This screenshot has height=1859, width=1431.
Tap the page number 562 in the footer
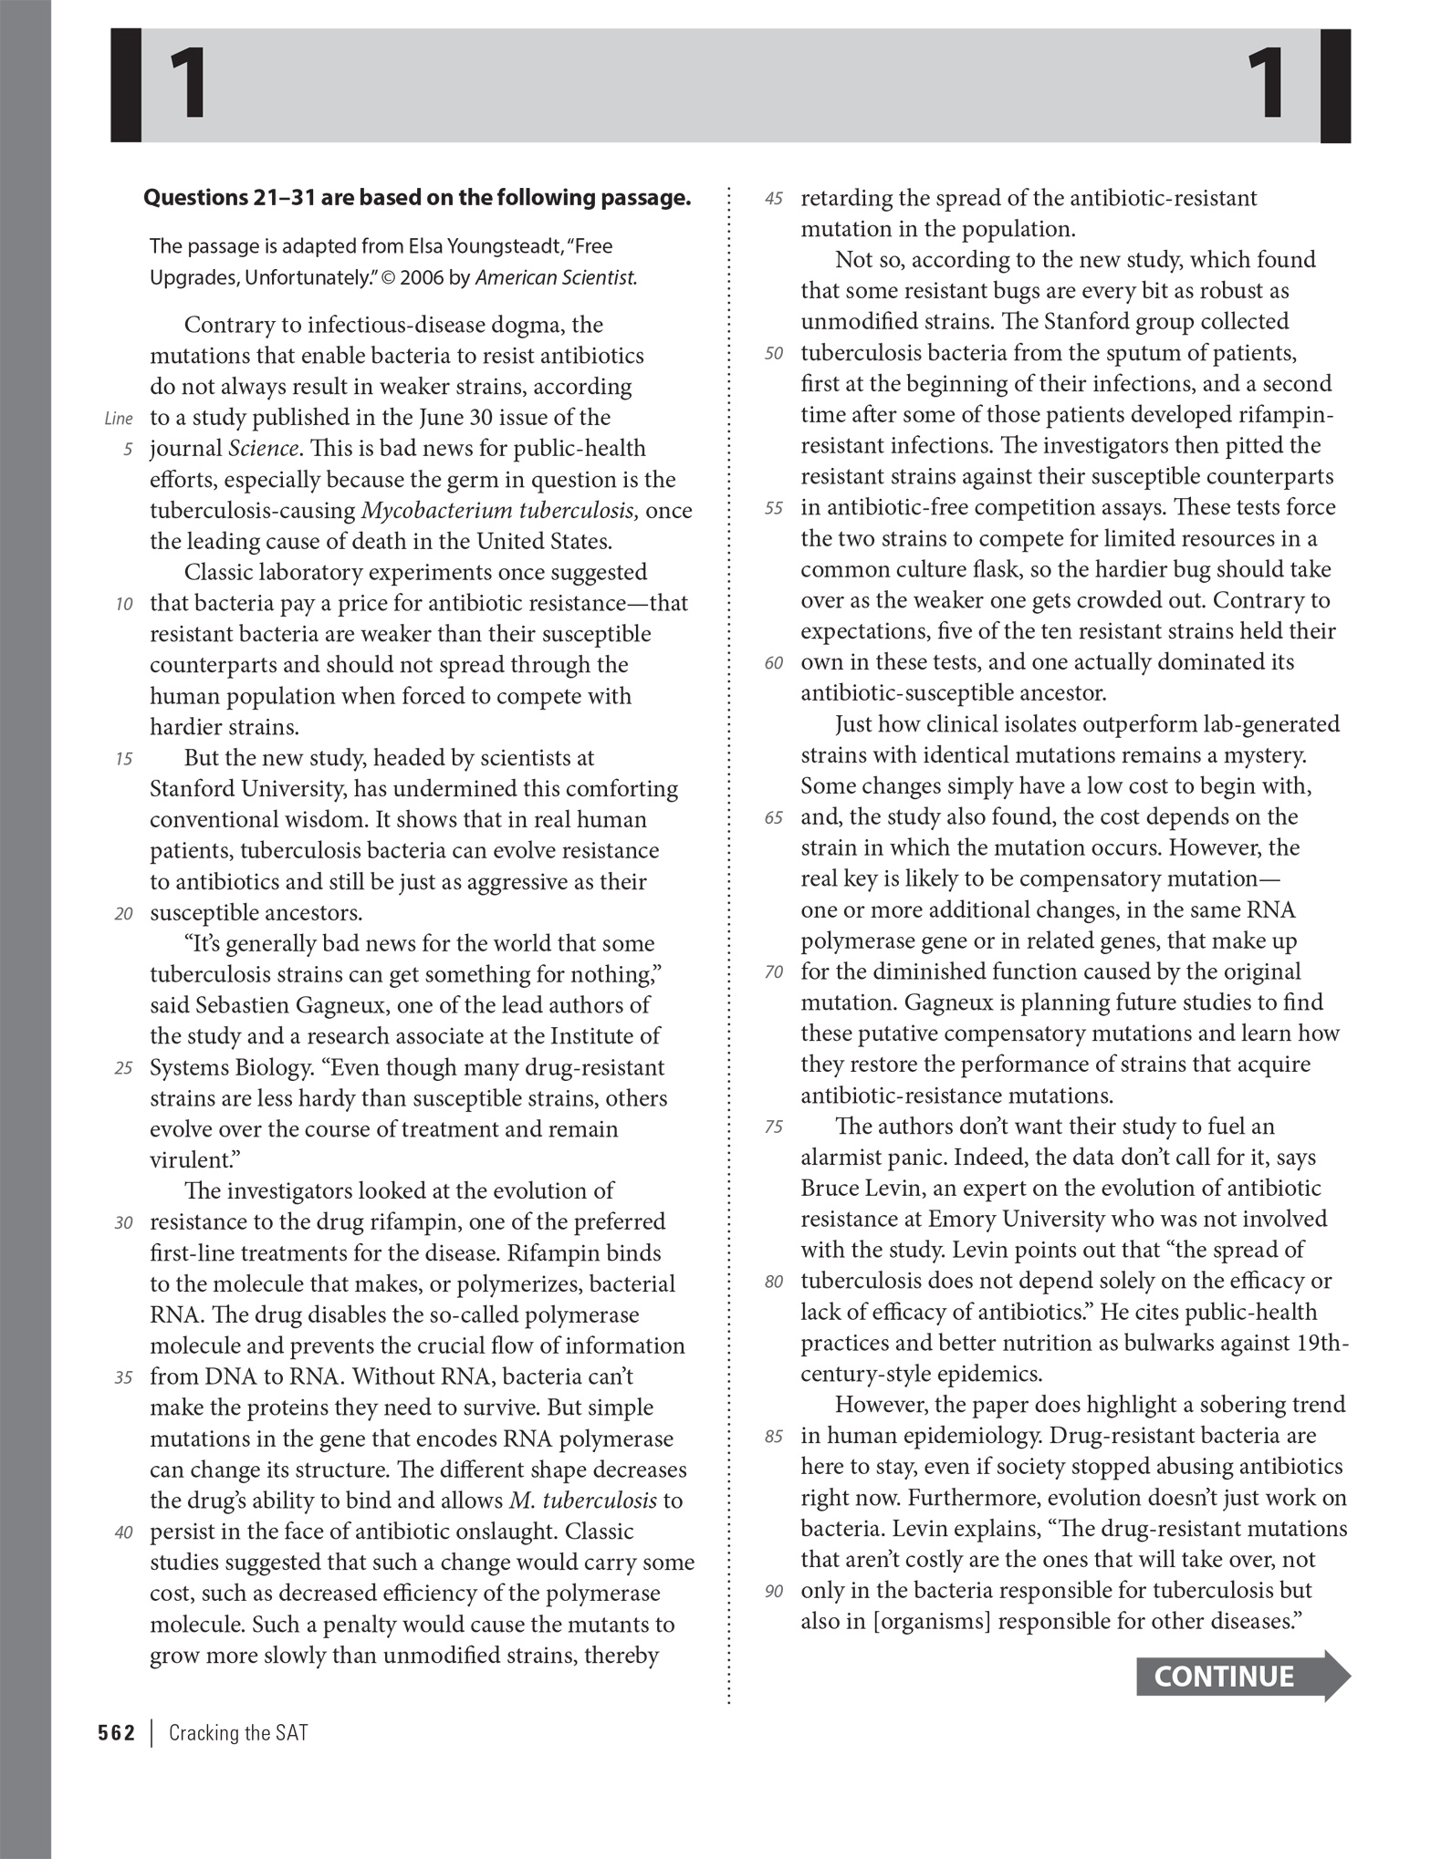(x=116, y=1733)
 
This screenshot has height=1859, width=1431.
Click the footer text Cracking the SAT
(x=238, y=1733)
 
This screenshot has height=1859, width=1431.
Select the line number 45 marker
(x=773, y=199)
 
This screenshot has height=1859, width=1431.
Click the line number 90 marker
(x=773, y=1592)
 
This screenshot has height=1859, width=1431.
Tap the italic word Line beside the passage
(x=119, y=419)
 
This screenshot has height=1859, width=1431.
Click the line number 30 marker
(x=123, y=1223)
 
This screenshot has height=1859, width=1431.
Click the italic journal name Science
(x=263, y=449)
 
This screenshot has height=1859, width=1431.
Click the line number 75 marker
(x=773, y=1127)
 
